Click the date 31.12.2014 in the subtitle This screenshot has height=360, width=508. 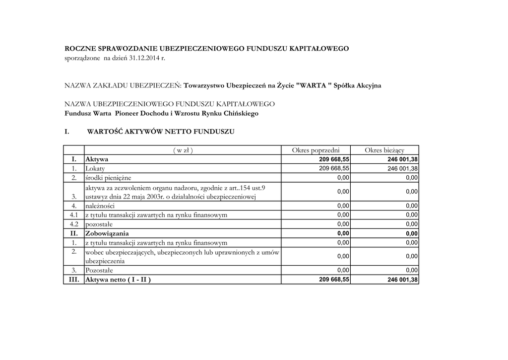coord(144,59)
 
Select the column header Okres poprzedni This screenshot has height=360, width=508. coord(316,150)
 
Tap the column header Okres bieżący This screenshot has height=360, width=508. coord(384,150)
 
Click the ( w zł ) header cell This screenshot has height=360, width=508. coord(183,150)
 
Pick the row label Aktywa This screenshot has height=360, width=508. coord(97,159)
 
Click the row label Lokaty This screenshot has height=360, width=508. coord(95,169)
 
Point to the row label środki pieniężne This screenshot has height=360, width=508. coord(109,178)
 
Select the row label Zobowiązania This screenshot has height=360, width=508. coord(107,233)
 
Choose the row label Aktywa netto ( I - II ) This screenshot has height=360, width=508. coord(118,280)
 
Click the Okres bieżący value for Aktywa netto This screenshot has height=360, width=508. coord(402,280)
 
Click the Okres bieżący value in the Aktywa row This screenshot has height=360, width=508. coord(402,159)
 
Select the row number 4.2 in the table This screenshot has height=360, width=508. coord(73,224)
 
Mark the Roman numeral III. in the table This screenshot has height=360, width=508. coord(73,280)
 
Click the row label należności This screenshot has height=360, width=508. coord(100,206)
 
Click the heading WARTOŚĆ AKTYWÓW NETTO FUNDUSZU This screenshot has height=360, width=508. coord(161,132)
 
